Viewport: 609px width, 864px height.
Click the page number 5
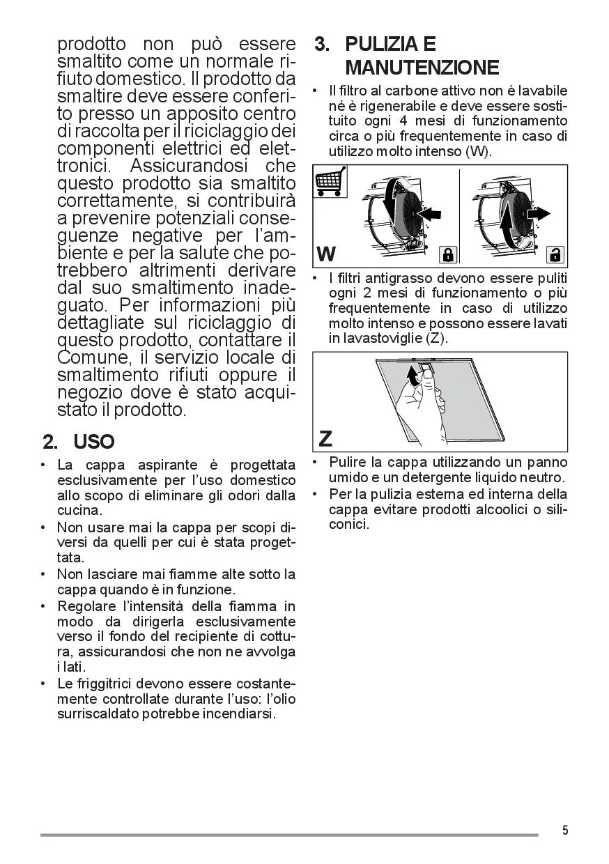(x=565, y=830)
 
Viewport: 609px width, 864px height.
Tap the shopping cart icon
(x=329, y=182)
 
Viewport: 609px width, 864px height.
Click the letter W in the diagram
(x=326, y=254)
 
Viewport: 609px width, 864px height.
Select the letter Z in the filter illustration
(x=325, y=439)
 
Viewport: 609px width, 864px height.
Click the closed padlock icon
(x=447, y=254)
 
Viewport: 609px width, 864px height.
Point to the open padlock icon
(x=555, y=254)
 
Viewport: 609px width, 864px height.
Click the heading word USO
(x=94, y=442)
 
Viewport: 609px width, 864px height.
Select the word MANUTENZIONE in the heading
(x=422, y=68)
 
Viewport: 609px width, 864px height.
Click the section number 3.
(x=321, y=44)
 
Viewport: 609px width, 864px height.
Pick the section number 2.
(x=49, y=442)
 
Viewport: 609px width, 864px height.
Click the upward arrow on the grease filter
(x=413, y=378)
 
